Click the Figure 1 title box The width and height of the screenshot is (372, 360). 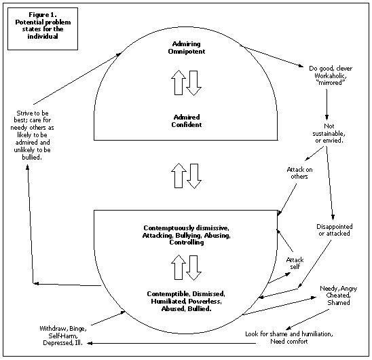coord(43,29)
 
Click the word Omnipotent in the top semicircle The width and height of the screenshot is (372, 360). coord(187,52)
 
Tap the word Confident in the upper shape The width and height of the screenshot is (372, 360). coord(187,125)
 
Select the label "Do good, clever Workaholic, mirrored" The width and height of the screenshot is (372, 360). coord(331,75)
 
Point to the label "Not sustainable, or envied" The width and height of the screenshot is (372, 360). coord(329,133)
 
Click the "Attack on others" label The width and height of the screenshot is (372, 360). coord(299,173)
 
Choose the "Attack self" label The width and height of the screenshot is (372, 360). coord(295,263)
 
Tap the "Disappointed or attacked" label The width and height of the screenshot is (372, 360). coord(334,230)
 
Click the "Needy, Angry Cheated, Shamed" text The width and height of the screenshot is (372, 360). coord(339,295)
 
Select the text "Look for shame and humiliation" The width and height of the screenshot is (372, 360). coord(289,334)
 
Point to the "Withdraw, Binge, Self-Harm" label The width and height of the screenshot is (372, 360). coord(63,332)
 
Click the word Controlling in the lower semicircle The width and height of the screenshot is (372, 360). coord(187,242)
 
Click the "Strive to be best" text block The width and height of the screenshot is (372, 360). coord(32,135)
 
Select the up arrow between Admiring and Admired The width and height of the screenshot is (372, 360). coord(179,82)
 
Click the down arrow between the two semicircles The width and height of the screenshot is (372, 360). coord(194,176)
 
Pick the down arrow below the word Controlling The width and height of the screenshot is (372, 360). coord(194,268)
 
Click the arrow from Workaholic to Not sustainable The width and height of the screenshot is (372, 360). coord(327,105)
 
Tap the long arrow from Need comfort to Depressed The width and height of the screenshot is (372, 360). coord(172,343)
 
